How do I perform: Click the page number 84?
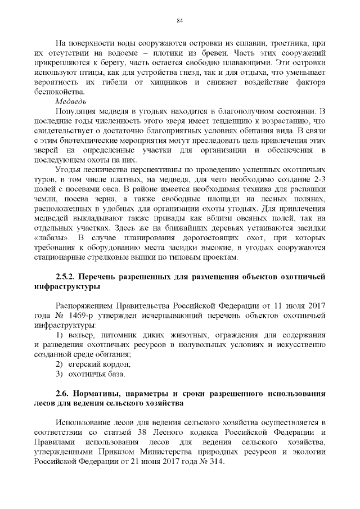(x=180, y=21)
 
